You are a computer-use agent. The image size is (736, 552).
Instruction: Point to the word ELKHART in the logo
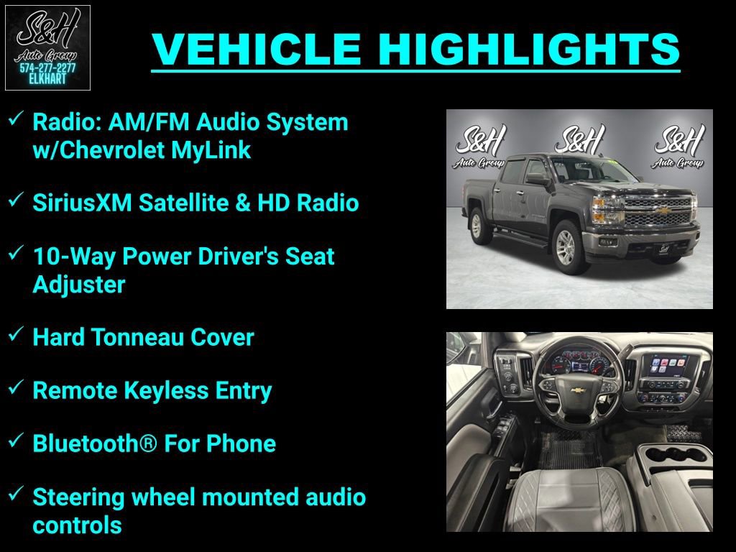click(x=47, y=79)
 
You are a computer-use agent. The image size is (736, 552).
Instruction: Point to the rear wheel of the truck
click(x=477, y=225)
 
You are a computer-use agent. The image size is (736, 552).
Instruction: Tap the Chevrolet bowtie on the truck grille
click(x=665, y=211)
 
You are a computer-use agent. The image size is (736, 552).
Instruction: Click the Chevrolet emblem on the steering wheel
click(x=576, y=390)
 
